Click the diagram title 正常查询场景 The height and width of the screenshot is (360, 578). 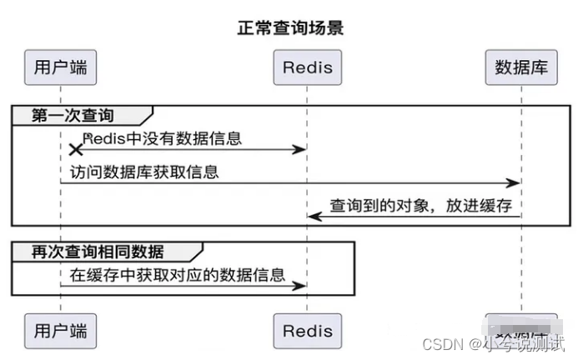289,27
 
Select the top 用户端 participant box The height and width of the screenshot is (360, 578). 60,67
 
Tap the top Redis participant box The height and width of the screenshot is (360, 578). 307,67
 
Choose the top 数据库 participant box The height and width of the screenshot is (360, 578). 520,67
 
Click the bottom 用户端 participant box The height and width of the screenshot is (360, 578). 60,330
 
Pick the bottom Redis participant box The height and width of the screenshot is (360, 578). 307,330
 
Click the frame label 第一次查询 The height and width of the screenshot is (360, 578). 73,115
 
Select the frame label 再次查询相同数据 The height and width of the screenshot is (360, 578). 98,251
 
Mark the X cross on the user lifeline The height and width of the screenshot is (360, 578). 75,149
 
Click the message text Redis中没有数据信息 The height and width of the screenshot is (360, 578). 163,137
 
